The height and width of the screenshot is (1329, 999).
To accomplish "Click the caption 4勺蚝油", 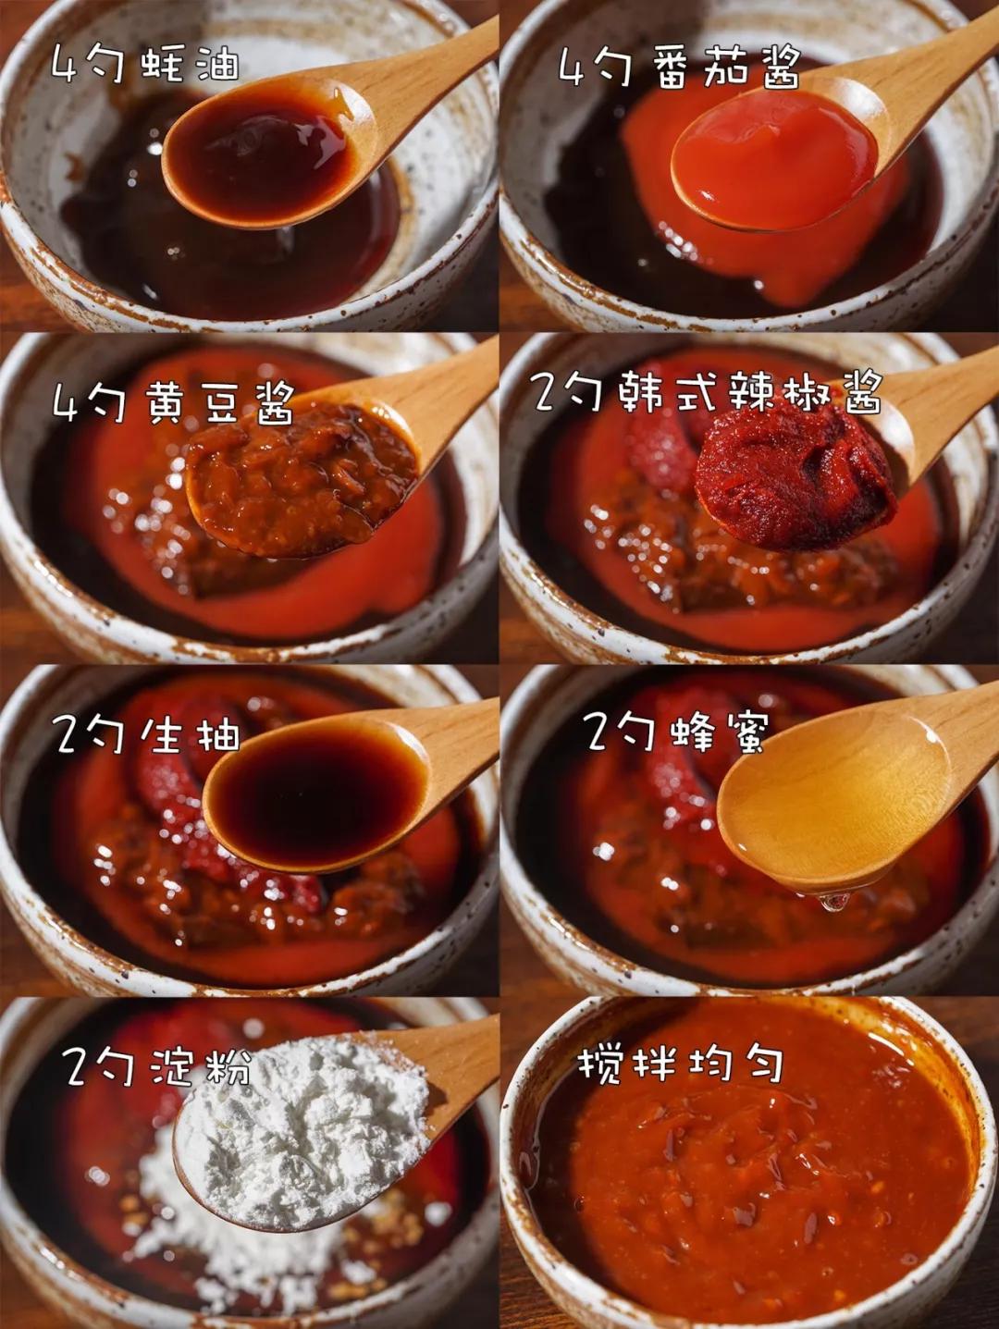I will (x=144, y=64).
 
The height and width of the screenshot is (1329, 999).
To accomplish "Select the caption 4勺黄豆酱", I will (x=173, y=403).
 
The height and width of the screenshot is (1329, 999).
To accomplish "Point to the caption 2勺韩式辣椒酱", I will (x=706, y=391).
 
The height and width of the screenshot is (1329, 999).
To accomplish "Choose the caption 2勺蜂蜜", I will (x=676, y=732).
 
